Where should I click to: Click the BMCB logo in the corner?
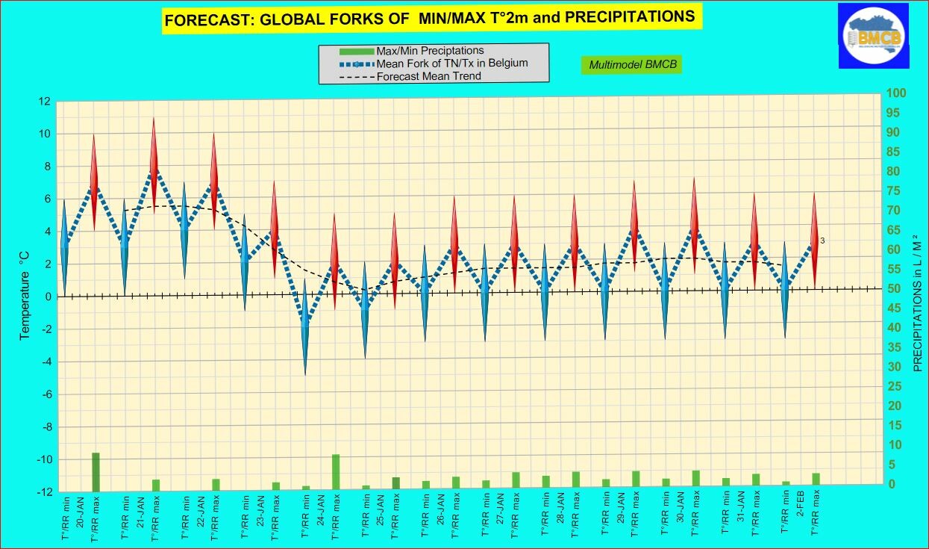872,34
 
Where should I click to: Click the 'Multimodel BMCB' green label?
632,65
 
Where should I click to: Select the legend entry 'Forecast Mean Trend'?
428,76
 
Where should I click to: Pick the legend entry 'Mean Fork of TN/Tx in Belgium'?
452,63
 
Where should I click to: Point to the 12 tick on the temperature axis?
45,102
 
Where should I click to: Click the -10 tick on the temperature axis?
42,459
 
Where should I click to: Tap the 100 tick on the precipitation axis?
895,93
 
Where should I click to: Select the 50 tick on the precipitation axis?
892,289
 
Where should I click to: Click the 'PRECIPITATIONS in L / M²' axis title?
916,303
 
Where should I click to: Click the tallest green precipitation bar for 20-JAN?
96,471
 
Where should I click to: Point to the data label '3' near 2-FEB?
822,241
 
